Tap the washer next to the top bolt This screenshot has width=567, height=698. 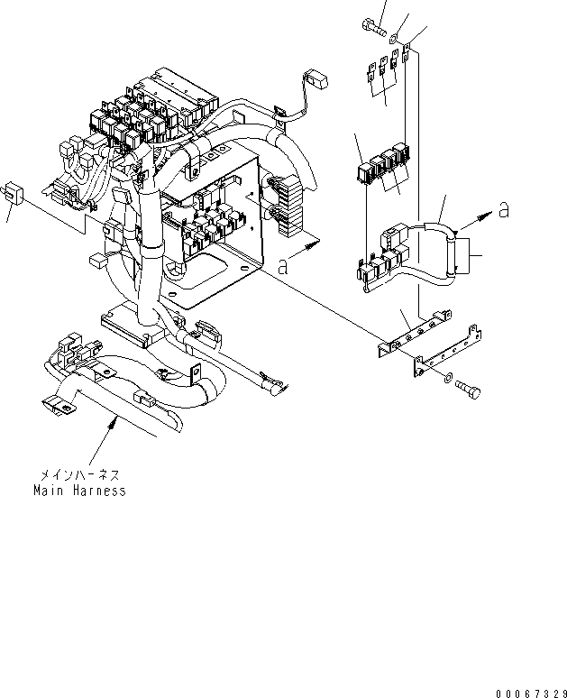(x=395, y=39)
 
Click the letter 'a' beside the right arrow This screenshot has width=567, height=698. (x=504, y=209)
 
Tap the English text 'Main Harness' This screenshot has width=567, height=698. (x=79, y=491)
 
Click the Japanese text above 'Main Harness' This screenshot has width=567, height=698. (x=78, y=474)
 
